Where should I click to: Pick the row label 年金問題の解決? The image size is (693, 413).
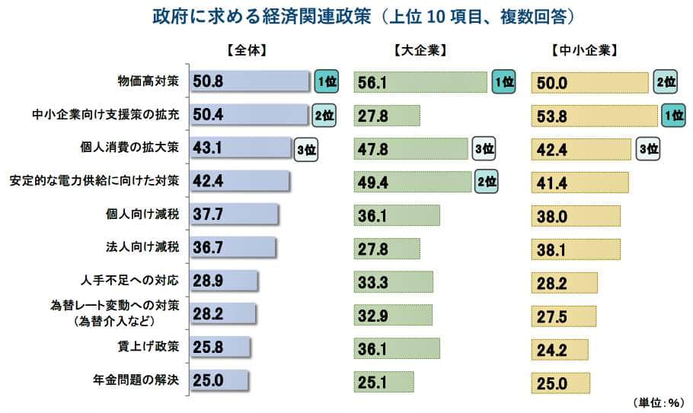click(x=133, y=379)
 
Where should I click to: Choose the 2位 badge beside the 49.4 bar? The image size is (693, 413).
click(x=487, y=181)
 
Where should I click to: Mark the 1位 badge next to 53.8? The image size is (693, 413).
click(x=672, y=115)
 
